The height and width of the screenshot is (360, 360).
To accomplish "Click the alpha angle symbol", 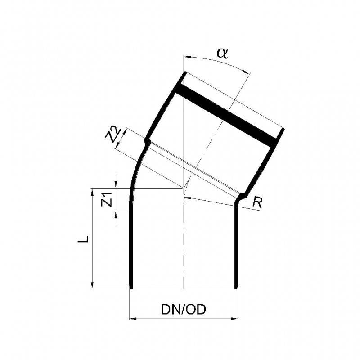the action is click(x=222, y=54).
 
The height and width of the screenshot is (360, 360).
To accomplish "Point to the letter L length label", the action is click(x=83, y=239).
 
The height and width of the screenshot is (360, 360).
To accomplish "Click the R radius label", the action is click(x=257, y=202).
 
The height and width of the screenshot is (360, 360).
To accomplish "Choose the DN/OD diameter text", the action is click(x=184, y=310).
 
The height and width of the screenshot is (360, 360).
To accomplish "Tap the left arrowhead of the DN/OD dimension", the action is click(x=133, y=319).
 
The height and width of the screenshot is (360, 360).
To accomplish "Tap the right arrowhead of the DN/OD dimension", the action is click(x=234, y=319).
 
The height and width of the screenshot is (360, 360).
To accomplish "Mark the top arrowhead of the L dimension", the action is click(x=93, y=193).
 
